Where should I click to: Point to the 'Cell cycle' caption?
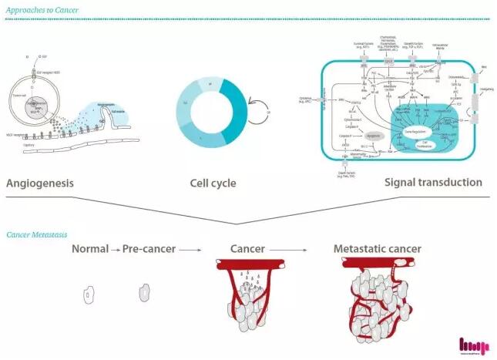point(213,183)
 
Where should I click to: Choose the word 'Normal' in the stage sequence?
point(89,249)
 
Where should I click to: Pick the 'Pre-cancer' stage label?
point(149,249)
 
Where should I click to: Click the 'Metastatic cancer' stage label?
point(377,249)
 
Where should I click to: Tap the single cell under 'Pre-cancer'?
point(143,294)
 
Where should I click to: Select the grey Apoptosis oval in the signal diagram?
point(372,133)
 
